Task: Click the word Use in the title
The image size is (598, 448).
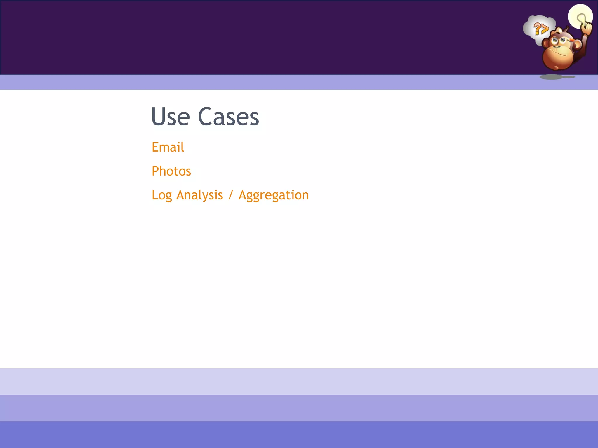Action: pos(171,117)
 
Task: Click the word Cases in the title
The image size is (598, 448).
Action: pos(228,117)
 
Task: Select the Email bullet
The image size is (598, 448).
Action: pos(168,147)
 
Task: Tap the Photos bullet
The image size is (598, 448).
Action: pos(171,171)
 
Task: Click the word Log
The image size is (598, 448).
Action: pos(161,195)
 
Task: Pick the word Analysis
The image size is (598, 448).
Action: pos(199,195)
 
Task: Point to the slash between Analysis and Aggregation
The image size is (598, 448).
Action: pos(231,195)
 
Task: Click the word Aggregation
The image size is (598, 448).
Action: pos(274,195)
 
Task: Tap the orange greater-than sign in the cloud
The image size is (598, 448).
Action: pos(545,29)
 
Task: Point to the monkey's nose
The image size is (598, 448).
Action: pos(557,47)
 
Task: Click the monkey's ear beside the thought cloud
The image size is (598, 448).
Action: pos(545,44)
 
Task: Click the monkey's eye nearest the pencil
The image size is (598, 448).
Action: pos(563,40)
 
